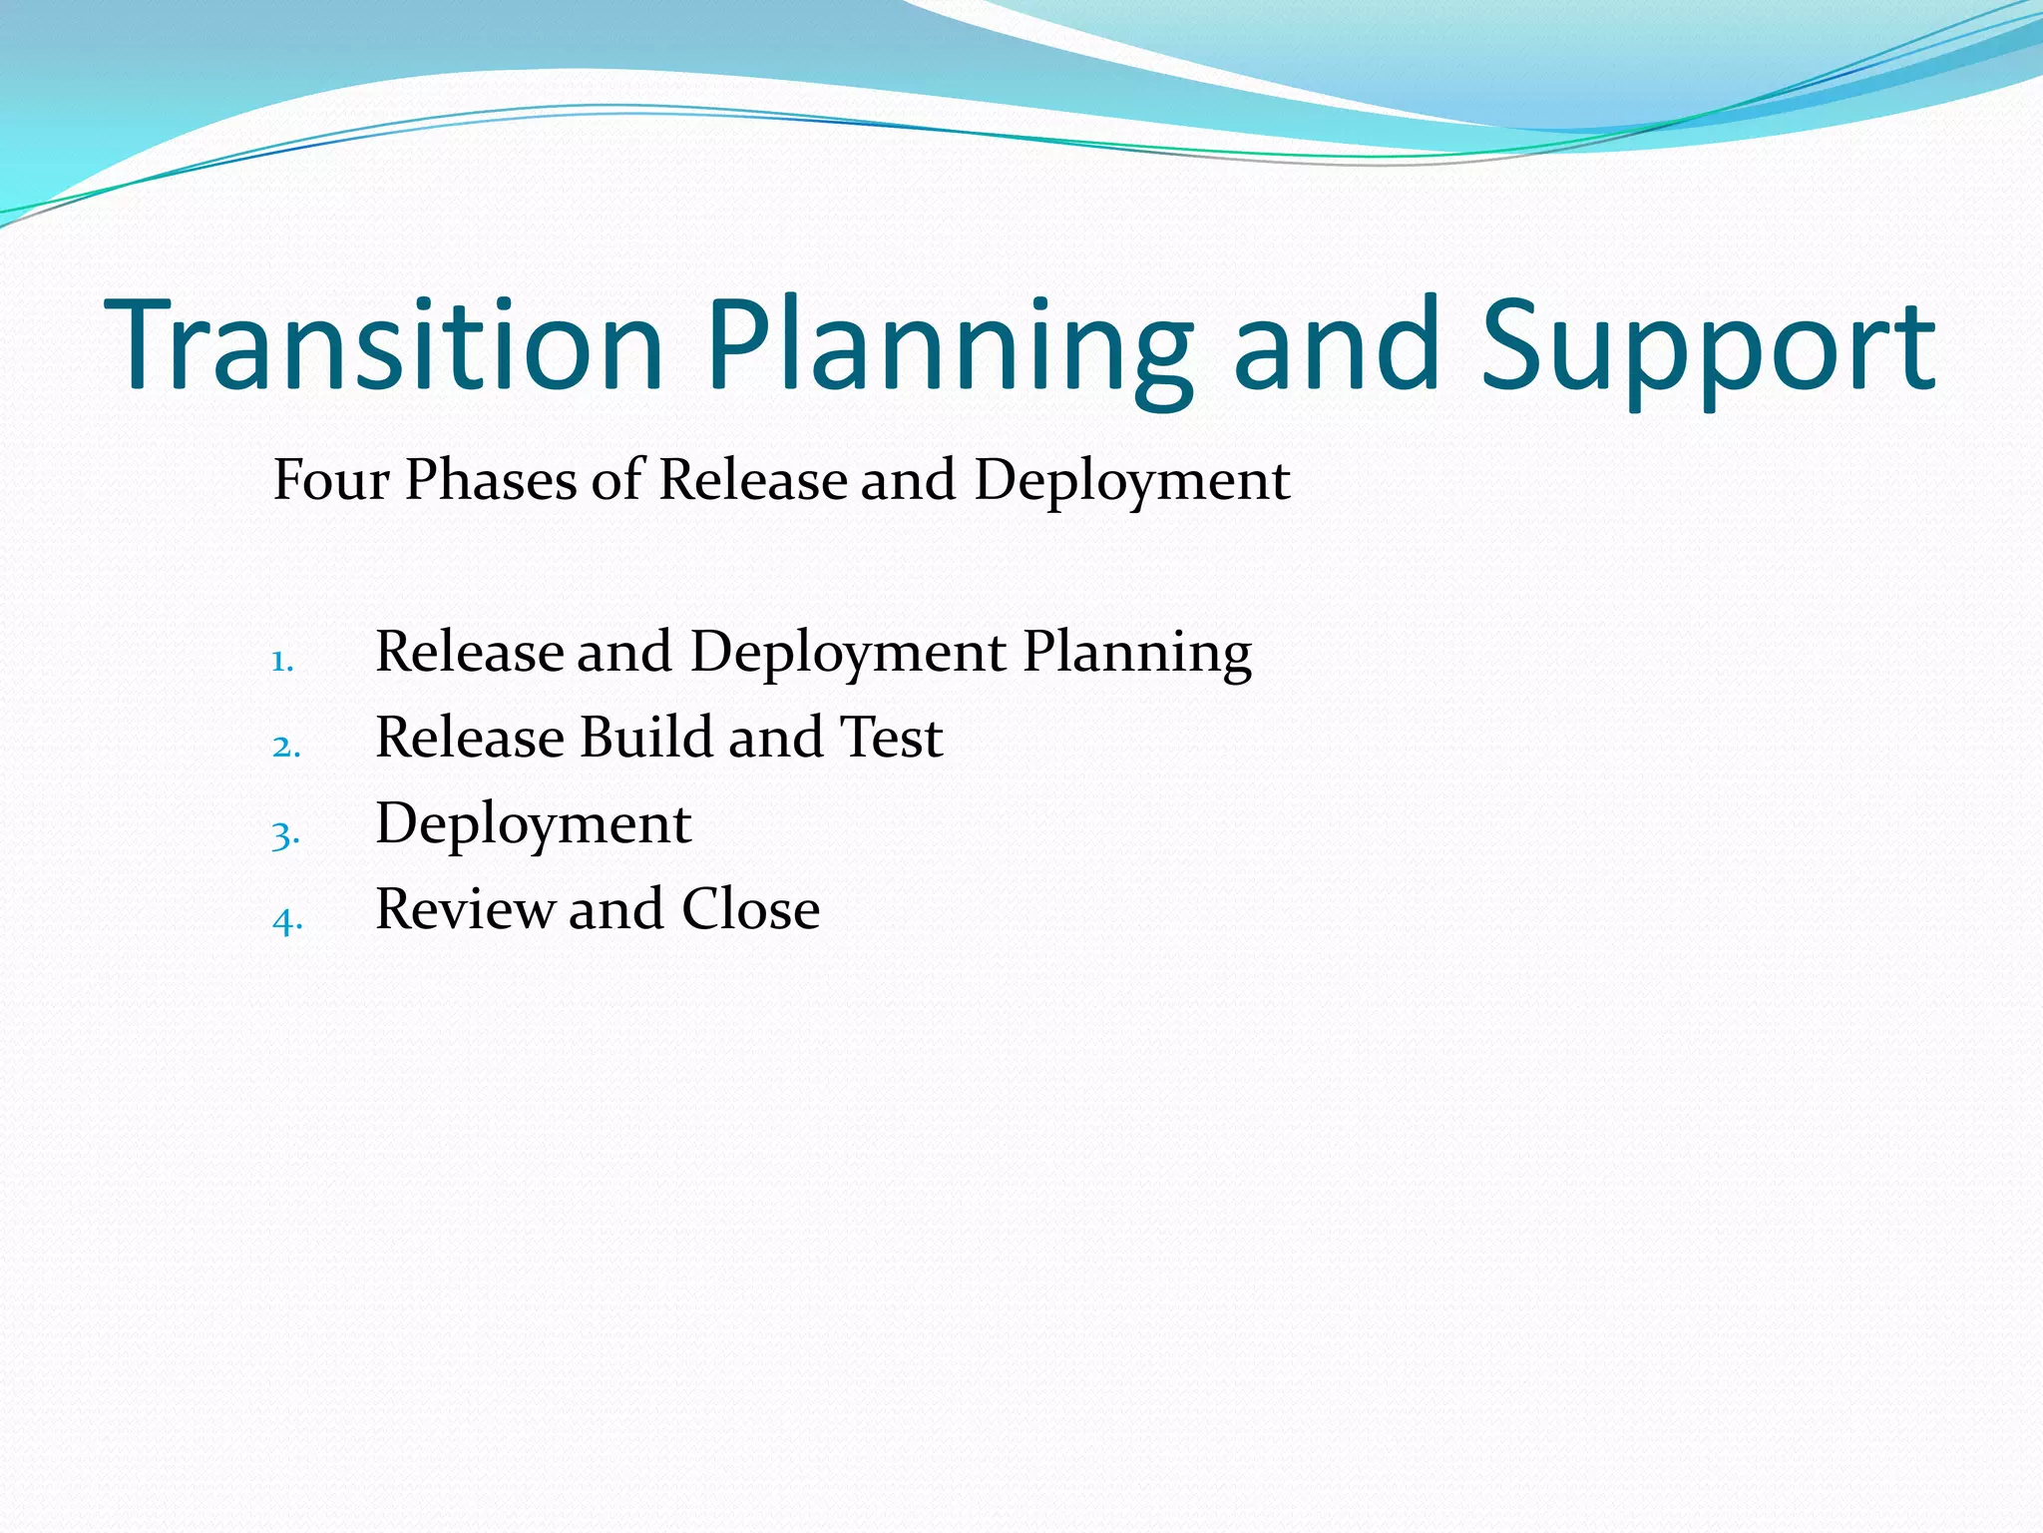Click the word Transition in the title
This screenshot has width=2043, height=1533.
(384, 344)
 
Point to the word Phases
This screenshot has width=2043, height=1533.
(491, 480)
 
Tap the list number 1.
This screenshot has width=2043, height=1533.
(282, 662)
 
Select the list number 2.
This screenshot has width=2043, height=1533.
(285, 747)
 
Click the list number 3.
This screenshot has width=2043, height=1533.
(285, 834)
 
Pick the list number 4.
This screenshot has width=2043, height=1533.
(286, 920)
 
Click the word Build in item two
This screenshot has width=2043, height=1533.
(644, 738)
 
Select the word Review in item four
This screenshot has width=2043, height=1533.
(464, 909)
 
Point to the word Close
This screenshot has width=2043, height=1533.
(750, 909)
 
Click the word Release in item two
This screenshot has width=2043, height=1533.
(470, 738)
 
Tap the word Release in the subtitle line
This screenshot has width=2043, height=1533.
(752, 480)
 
